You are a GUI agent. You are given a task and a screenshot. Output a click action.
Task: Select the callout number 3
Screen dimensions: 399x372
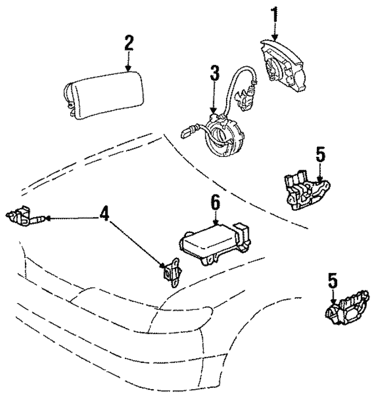pos(214,73)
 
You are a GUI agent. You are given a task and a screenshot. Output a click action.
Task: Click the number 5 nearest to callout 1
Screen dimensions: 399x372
pos(320,155)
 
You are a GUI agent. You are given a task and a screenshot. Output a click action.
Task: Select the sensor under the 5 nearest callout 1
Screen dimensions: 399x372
pos(305,189)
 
